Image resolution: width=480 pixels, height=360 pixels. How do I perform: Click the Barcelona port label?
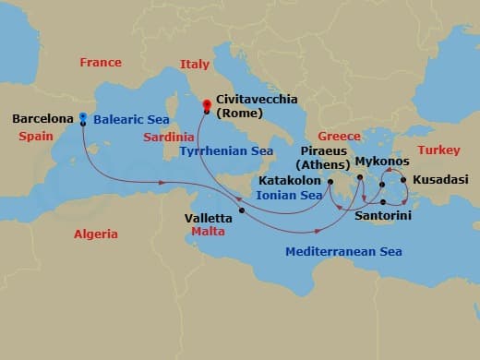click(x=42, y=119)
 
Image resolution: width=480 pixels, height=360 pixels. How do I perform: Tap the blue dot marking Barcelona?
click(x=83, y=117)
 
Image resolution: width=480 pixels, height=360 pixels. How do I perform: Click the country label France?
click(x=101, y=63)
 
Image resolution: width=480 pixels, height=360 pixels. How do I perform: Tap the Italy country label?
click(x=194, y=65)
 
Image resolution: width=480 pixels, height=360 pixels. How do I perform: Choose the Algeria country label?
click(x=96, y=234)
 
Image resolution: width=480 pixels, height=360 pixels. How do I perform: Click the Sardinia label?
click(x=168, y=137)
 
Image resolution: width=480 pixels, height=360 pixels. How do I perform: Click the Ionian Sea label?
click(x=290, y=196)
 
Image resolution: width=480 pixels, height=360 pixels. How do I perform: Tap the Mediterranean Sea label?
click(x=343, y=251)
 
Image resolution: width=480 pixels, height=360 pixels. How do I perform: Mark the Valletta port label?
click(x=210, y=220)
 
